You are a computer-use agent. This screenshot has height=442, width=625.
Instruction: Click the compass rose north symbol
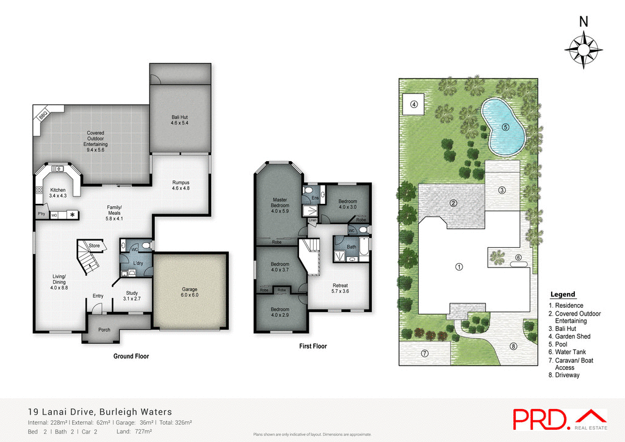click(583, 46)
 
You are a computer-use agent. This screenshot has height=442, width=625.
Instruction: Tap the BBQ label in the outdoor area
click(43, 115)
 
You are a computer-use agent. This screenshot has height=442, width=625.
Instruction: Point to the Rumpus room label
click(181, 186)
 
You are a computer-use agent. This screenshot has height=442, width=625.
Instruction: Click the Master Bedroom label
click(280, 203)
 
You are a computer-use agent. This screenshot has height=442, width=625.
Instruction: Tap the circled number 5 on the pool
click(505, 127)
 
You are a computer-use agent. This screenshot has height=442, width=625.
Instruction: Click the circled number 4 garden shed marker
click(414, 104)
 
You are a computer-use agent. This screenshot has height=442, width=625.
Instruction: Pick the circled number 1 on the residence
click(459, 266)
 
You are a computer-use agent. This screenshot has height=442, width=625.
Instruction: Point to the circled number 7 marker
click(425, 353)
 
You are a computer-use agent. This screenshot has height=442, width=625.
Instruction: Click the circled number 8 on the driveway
click(513, 347)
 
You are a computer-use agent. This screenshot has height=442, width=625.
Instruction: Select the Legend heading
click(562, 294)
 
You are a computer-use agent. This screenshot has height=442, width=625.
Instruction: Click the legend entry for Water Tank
click(569, 352)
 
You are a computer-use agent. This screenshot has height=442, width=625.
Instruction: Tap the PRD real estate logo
click(559, 419)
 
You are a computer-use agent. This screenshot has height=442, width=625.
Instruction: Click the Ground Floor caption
click(131, 356)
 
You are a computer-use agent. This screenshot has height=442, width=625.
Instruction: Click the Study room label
click(132, 296)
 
